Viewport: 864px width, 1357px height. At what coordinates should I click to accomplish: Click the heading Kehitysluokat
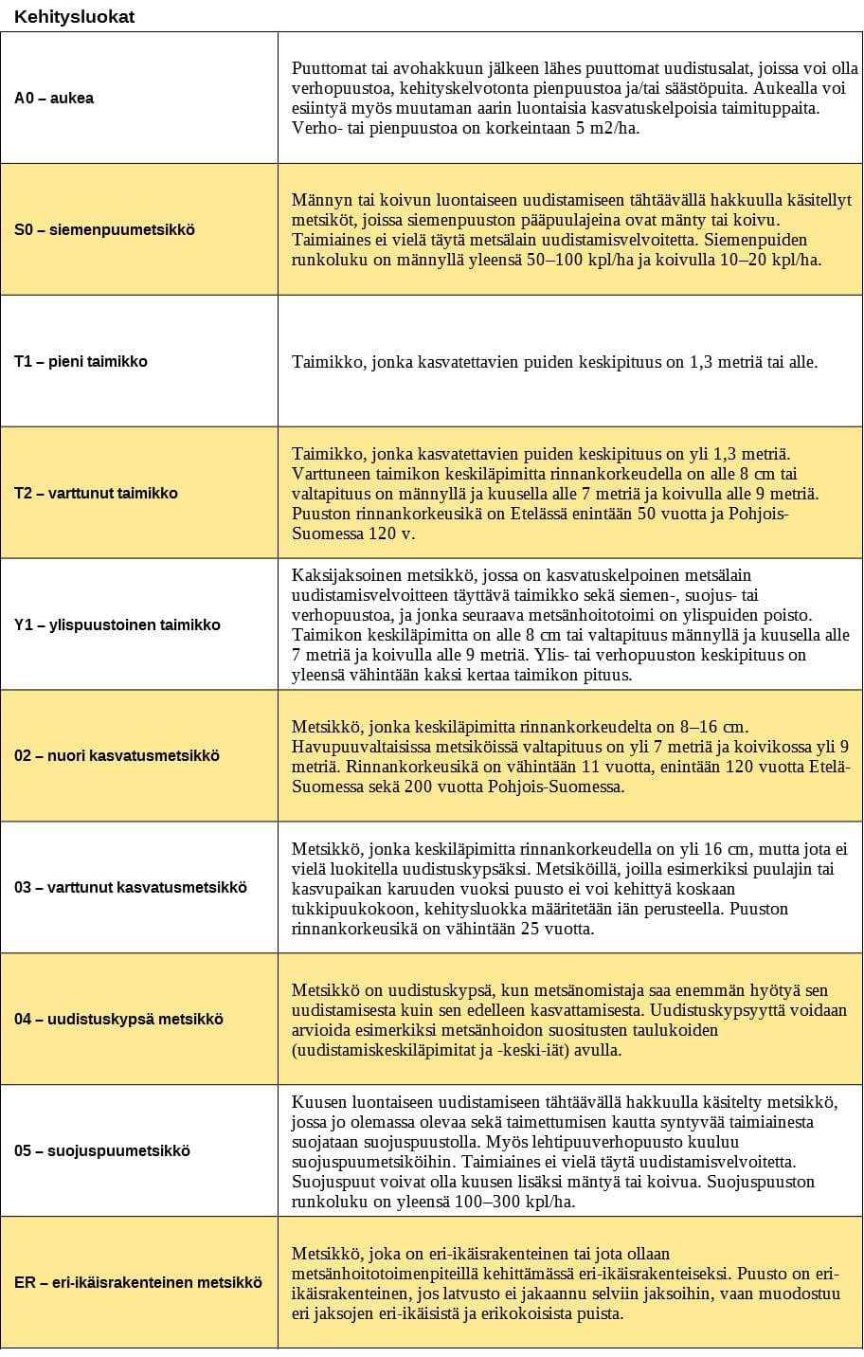coord(74,17)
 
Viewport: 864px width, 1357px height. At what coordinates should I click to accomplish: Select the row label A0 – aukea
coord(54,99)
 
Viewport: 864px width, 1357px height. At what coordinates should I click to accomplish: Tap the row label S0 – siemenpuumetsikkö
coord(104,230)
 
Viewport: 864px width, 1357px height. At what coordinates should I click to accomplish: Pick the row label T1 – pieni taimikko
coord(81,362)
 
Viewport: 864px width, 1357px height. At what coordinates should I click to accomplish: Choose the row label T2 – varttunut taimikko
coord(96,494)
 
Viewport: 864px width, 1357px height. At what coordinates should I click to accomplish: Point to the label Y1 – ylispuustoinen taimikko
coord(117,625)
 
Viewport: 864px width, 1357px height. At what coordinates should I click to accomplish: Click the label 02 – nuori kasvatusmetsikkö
coord(117,756)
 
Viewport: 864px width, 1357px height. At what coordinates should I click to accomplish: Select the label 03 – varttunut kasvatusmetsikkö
coord(130,888)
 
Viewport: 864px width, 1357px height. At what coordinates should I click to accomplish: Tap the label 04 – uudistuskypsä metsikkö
coord(118,1020)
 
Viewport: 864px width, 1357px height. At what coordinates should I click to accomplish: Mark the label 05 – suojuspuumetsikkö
coord(102,1151)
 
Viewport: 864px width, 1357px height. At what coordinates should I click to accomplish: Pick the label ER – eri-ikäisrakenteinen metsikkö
coord(137,1283)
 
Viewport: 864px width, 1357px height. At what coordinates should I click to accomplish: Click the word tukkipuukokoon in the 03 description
coord(344,909)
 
